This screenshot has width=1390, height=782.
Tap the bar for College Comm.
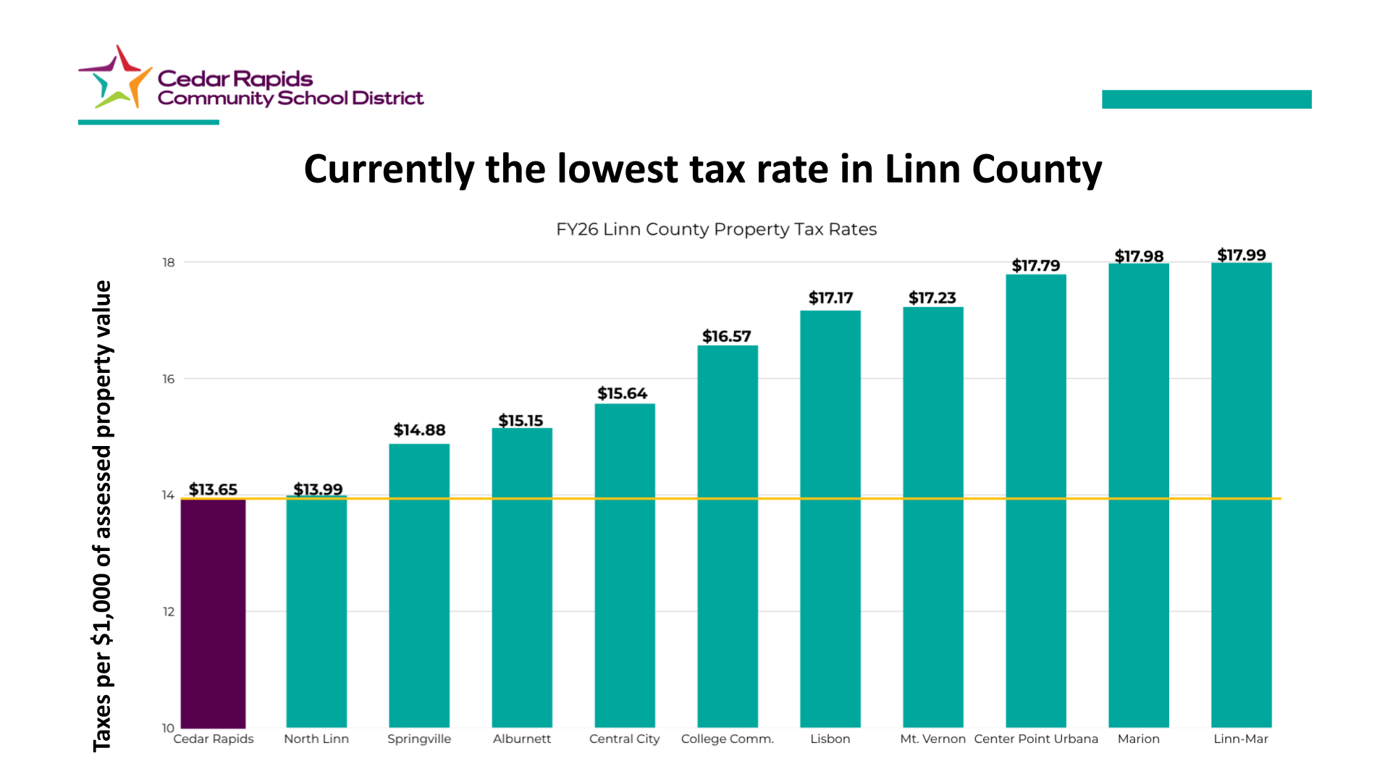click(728, 536)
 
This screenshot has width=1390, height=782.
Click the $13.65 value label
click(213, 489)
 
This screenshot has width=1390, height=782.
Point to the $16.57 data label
click(726, 336)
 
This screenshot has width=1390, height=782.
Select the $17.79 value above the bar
click(1035, 266)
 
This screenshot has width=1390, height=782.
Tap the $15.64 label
click(622, 393)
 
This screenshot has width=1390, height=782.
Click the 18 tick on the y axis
click(169, 262)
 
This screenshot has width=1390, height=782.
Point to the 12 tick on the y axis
click(169, 612)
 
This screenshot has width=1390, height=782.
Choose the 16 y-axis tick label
click(169, 379)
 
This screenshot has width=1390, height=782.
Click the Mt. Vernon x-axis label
click(932, 739)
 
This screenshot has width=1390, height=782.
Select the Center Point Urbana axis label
click(1036, 739)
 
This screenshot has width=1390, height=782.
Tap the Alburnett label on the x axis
click(521, 739)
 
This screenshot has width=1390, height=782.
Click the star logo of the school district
click(116, 78)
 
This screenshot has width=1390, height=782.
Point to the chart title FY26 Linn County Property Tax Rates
click(716, 230)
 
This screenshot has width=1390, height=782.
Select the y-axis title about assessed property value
click(103, 516)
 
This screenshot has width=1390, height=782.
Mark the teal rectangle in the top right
click(1206, 99)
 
